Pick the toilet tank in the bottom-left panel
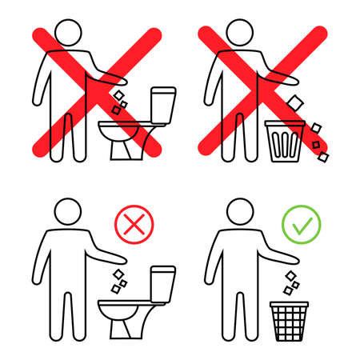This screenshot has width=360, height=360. tap(164, 280)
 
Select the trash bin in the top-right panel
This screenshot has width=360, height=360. tap(286, 144)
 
